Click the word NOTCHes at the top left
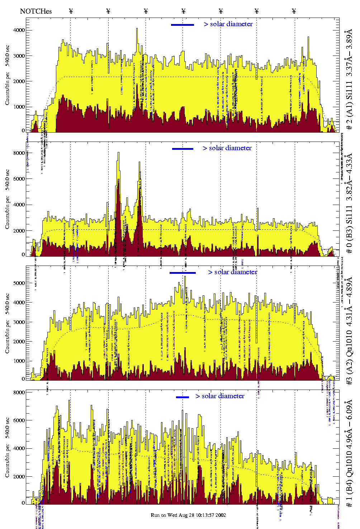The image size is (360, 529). (x=36, y=11)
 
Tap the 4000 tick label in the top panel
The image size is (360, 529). (x=19, y=30)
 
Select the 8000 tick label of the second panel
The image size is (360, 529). (x=19, y=153)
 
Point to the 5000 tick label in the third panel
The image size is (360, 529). (x=19, y=283)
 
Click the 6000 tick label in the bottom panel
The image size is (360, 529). (x=19, y=420)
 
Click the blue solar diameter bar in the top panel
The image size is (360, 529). (x=183, y=25)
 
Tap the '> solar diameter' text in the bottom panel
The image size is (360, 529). (x=220, y=396)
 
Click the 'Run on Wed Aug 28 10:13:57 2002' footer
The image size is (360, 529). (x=188, y=515)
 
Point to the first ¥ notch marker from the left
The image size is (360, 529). (x=71, y=11)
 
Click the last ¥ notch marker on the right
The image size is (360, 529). (x=294, y=11)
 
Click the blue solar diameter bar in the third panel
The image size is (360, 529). (x=183, y=273)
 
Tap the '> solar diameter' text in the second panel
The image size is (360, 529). (x=227, y=148)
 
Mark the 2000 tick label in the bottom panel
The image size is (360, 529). (x=19, y=477)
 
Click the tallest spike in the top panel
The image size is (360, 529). (x=137, y=29)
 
